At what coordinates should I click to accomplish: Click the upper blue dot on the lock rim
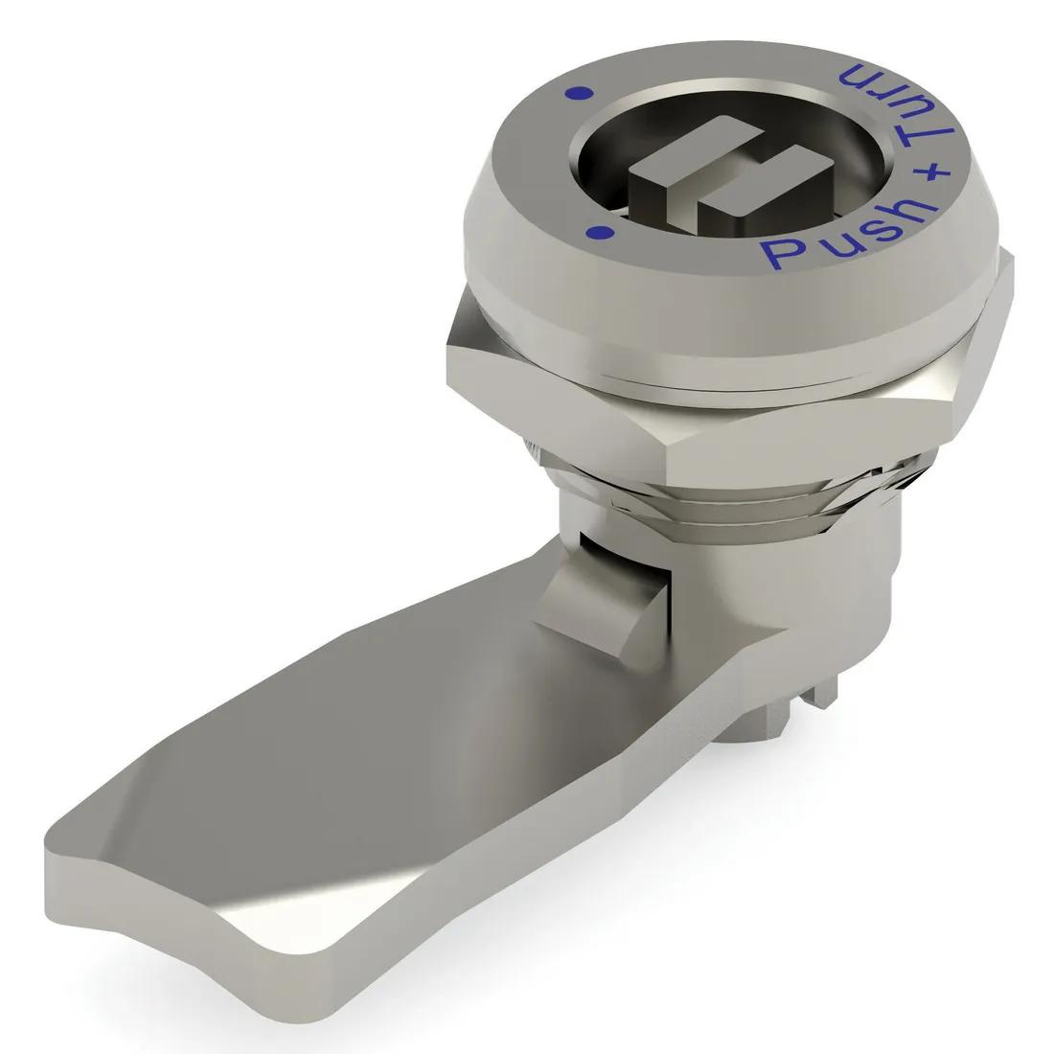coord(577,92)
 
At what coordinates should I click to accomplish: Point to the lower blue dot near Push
coord(600,231)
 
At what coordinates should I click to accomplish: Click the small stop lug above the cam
coord(584,599)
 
